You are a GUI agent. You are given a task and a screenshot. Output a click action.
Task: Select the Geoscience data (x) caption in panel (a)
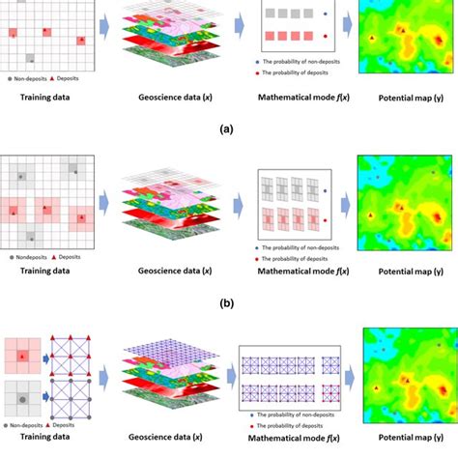[167, 99]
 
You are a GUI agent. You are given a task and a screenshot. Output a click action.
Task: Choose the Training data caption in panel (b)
[44, 274]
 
